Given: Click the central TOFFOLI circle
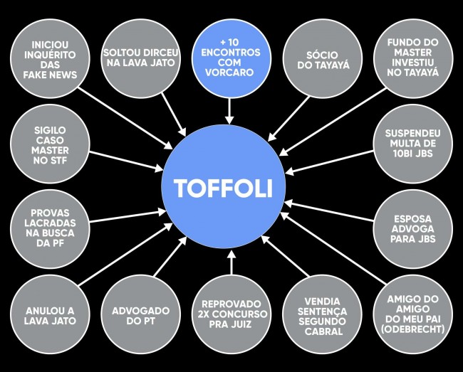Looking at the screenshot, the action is click(x=224, y=186).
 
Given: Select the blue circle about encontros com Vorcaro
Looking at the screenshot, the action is click(x=231, y=58).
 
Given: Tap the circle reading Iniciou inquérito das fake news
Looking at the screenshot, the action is click(x=50, y=58).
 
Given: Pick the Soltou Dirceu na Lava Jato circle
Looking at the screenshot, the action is click(x=140, y=58).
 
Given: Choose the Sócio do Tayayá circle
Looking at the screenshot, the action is click(x=323, y=58).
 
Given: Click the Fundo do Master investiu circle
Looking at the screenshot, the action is click(x=413, y=58).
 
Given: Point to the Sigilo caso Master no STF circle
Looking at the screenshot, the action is click(x=50, y=144).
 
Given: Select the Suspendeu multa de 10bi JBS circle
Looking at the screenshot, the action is click(x=413, y=144).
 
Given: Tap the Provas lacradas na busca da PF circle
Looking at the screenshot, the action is click(x=50, y=229).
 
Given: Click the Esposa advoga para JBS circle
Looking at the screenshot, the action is click(x=413, y=229).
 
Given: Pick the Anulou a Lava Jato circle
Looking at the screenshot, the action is click(x=50, y=314).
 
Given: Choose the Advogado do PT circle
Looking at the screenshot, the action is click(x=140, y=314).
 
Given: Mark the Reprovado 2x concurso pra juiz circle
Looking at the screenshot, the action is click(x=231, y=314).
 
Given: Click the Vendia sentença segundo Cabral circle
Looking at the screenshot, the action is click(x=323, y=314).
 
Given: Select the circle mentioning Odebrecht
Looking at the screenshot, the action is click(x=413, y=314).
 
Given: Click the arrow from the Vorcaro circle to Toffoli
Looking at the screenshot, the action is click(x=229, y=111).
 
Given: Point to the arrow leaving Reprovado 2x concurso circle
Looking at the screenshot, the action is click(x=231, y=262).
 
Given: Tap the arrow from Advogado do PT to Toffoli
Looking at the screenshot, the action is click(x=170, y=257).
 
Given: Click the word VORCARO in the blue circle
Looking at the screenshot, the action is click(x=229, y=73).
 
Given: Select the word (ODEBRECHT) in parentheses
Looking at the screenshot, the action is click(x=413, y=329).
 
